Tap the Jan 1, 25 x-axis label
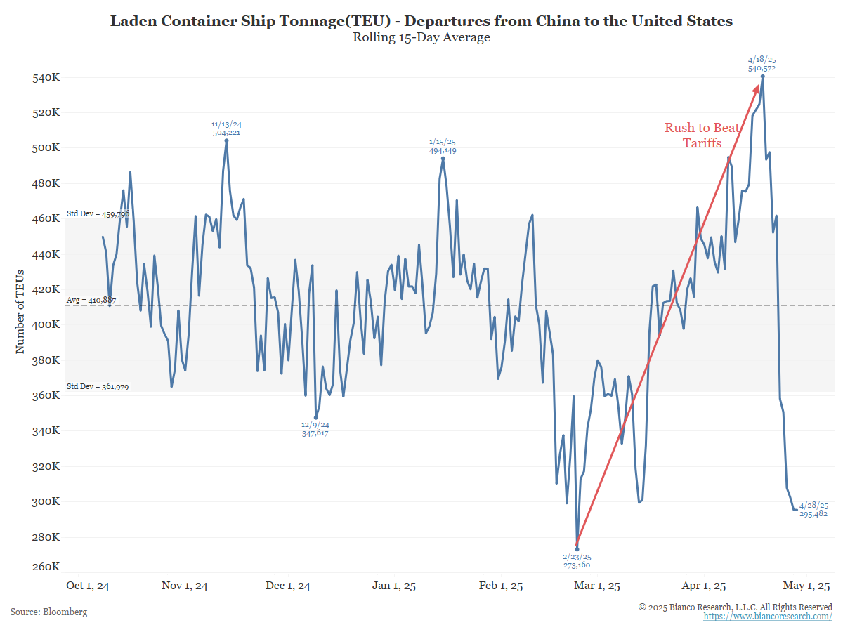click(393, 586)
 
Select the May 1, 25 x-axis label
click(808, 586)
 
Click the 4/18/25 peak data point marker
click(763, 77)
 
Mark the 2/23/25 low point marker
click(577, 549)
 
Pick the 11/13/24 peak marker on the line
click(226, 140)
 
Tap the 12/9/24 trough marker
click(315, 417)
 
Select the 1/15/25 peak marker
click(443, 159)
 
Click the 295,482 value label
click(814, 514)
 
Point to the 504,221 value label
click(226, 132)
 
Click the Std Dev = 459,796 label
click(98, 213)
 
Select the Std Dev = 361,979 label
click(98, 386)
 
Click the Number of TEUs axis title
click(20, 311)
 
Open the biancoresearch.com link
click(768, 616)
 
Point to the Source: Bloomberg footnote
click(49, 612)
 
